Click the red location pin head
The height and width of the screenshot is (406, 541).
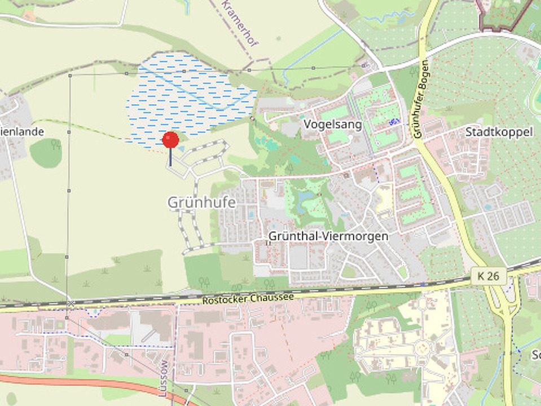[x=170, y=139]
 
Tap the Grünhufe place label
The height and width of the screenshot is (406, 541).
[x=201, y=202]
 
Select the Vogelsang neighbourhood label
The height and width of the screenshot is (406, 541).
[x=332, y=123]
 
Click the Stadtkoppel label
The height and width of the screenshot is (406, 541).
[x=499, y=132]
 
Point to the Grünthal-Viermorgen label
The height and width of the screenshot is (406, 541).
[x=328, y=236]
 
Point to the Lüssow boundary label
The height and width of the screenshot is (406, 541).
[x=164, y=378]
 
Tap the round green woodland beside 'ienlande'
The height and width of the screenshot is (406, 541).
[x=46, y=153]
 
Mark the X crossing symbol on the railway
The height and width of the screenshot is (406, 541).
[x=71, y=304]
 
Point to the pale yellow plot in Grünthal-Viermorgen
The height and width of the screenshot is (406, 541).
[x=384, y=197]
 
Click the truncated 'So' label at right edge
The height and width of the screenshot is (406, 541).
[x=535, y=355]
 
